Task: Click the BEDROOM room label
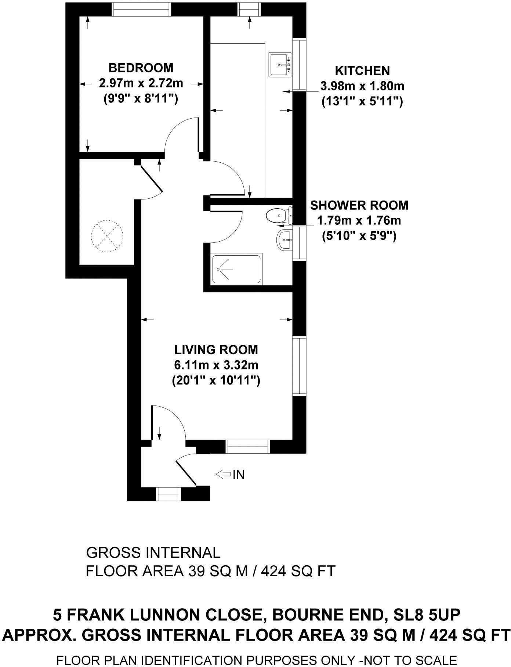[141, 68]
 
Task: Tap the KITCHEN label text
[362, 71]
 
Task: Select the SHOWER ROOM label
[359, 205]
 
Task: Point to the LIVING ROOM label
[216, 349]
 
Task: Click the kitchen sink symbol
[281, 65]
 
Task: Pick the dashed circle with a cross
[106, 236]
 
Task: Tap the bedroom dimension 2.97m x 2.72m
[141, 83]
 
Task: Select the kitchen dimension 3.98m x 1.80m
[362, 86]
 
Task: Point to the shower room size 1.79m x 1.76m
[359, 221]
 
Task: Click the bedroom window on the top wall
[142, 9]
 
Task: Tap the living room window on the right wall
[300, 366]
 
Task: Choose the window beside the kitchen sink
[300, 64]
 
